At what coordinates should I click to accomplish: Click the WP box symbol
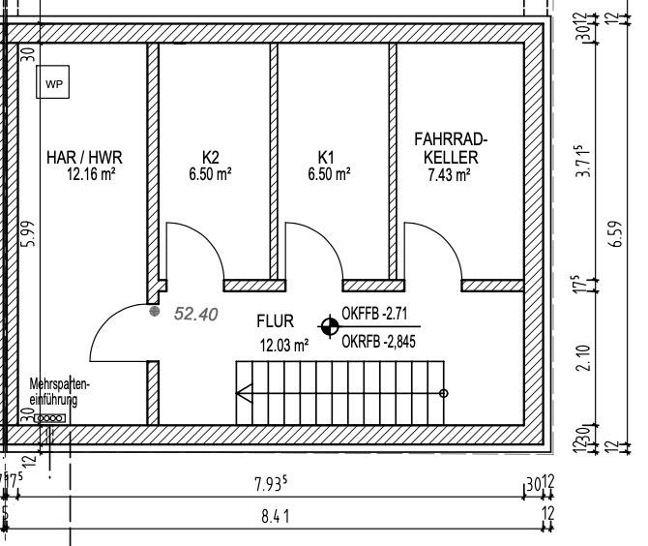(x=54, y=84)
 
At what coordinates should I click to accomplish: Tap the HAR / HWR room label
(x=84, y=156)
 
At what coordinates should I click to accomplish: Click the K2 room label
(x=211, y=156)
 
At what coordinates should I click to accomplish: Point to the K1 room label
(x=326, y=156)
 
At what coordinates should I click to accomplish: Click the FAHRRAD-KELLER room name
(x=451, y=148)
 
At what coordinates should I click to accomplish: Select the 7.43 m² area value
(x=449, y=175)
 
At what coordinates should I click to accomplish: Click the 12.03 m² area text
(x=283, y=344)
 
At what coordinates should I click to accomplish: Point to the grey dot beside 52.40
(x=154, y=312)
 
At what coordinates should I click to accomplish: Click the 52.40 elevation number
(x=195, y=314)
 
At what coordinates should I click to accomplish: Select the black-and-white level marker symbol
(x=330, y=326)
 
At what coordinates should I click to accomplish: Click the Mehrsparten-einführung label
(x=60, y=392)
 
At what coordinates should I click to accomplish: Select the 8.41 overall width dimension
(x=275, y=516)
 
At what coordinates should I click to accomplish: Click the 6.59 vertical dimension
(x=616, y=233)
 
